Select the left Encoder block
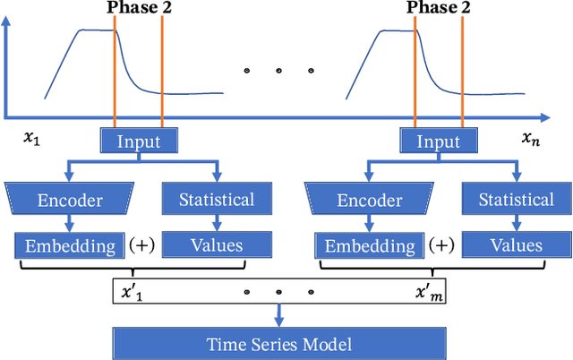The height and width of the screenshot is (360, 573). click(69, 199)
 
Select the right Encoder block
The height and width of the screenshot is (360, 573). click(369, 199)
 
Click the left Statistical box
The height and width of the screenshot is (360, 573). click(216, 199)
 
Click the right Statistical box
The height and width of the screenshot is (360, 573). click(516, 199)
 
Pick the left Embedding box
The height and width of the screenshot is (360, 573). click(69, 244)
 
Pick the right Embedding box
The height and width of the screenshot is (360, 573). click(369, 244)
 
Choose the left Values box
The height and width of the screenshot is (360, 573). click(216, 244)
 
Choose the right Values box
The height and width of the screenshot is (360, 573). click(516, 244)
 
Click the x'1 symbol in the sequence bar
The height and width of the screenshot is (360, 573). click(132, 291)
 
